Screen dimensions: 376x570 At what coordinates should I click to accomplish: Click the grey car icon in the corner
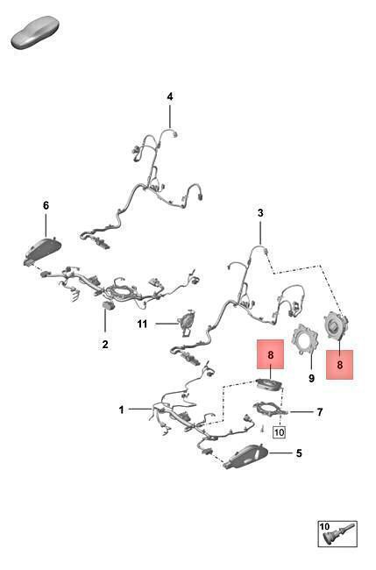pyautogui.click(x=35, y=32)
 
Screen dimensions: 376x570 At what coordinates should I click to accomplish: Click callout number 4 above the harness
pyautogui.click(x=170, y=96)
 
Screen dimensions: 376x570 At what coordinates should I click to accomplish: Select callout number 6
pyautogui.click(x=46, y=205)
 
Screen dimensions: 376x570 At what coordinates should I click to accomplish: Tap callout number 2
pyautogui.click(x=105, y=344)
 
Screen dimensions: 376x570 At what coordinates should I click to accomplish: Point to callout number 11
pyautogui.click(x=142, y=324)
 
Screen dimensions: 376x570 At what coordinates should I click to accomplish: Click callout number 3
pyautogui.click(x=260, y=213)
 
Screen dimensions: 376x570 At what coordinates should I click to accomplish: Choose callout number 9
pyautogui.click(x=311, y=378)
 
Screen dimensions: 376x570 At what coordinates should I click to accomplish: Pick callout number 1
pyautogui.click(x=121, y=410)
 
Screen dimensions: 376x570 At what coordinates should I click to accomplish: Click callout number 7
pyautogui.click(x=320, y=412)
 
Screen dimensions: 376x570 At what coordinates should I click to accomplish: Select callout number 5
pyautogui.click(x=299, y=453)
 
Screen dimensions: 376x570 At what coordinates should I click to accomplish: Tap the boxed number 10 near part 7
pyautogui.click(x=279, y=432)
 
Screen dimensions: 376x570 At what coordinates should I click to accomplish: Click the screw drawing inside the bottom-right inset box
pyautogui.click(x=341, y=538)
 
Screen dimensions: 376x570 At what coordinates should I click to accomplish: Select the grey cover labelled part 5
pyautogui.click(x=246, y=456)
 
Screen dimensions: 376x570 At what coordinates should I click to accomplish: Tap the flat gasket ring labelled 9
pyautogui.click(x=306, y=339)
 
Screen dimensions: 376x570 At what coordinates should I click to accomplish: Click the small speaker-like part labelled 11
pyautogui.click(x=188, y=321)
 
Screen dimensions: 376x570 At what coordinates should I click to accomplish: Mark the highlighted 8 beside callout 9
pyautogui.click(x=340, y=365)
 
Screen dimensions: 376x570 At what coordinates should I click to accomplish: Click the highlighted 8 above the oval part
pyautogui.click(x=270, y=354)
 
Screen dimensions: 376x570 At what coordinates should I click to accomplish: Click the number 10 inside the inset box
pyautogui.click(x=324, y=526)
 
